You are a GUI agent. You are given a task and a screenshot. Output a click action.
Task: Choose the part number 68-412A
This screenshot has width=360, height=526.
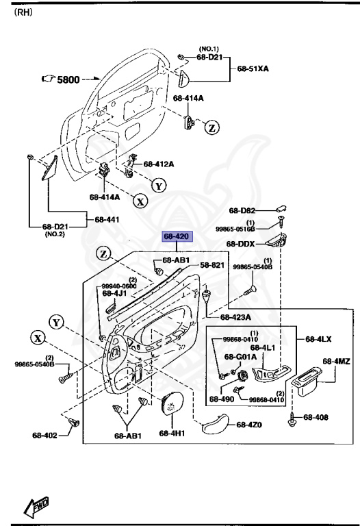[x=158, y=164]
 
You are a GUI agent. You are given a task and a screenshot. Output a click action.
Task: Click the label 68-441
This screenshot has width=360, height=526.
[x=107, y=219]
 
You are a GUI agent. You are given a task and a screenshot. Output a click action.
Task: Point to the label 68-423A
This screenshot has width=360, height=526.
[x=235, y=317]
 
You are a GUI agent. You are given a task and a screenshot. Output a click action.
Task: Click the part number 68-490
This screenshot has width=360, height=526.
[x=222, y=399]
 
